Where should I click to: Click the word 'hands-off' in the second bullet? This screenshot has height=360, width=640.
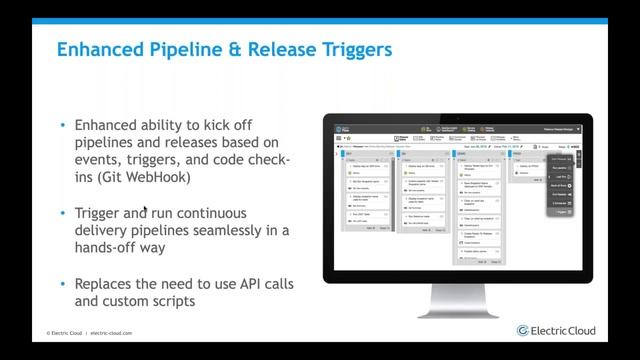pyautogui.click(x=106, y=249)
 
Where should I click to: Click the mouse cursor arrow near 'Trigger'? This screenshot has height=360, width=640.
pyautogui.click(x=146, y=211)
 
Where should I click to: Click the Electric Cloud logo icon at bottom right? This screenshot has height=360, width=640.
pyautogui.click(x=523, y=330)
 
